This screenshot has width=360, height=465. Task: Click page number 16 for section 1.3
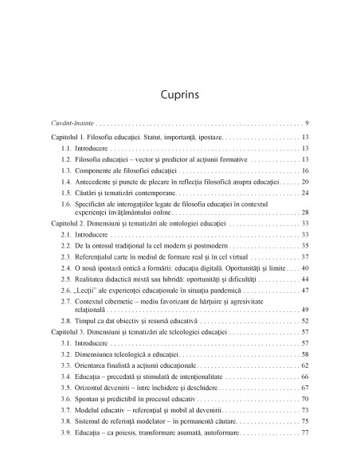tap(305, 170)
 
